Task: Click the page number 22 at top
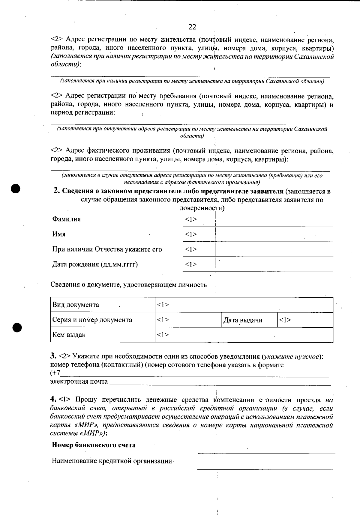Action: [x=192, y=27]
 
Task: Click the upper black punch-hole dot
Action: [x=16, y=189]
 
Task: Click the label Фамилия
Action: [x=66, y=219]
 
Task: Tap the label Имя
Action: [x=59, y=234]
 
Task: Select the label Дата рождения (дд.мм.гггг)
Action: [x=95, y=264]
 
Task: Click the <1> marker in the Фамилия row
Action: [x=191, y=219]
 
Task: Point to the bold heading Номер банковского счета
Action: [x=94, y=445]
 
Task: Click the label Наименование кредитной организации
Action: [x=112, y=461]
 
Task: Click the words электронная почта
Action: [x=79, y=382]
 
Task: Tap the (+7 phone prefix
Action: [x=55, y=373]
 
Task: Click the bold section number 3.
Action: [x=53, y=356]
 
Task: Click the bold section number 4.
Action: [x=53, y=399]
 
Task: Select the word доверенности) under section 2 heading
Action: [x=202, y=208]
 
